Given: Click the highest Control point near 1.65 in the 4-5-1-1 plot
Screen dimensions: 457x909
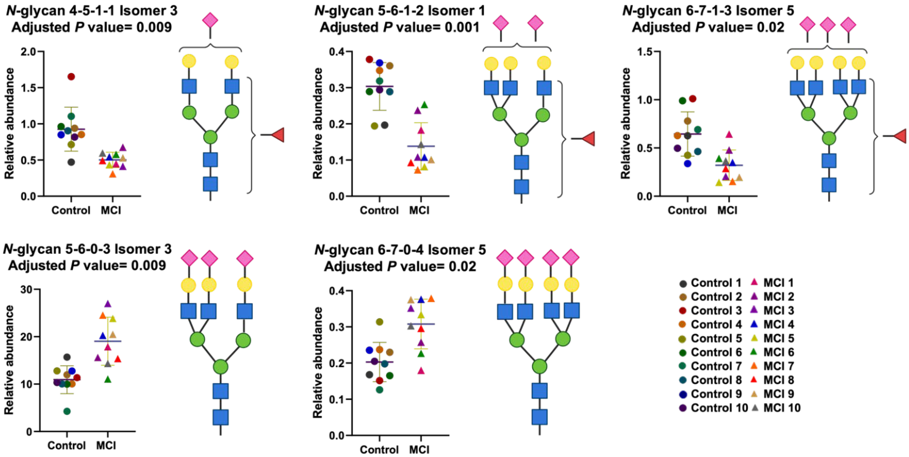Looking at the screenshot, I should [71, 77].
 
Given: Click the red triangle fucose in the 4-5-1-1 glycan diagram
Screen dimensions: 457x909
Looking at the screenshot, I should [278, 135].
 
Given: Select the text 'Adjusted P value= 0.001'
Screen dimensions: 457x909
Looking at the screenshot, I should [399, 27].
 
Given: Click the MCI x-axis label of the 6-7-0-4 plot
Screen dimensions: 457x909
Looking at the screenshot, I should [419, 450].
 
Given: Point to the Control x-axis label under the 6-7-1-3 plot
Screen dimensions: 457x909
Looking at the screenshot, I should [687, 210].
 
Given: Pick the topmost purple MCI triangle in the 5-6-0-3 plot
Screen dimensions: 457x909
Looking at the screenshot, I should [108, 304].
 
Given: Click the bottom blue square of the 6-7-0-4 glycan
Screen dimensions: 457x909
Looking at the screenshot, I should [539, 417].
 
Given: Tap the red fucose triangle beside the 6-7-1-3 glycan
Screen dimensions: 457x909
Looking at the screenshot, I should [900, 136].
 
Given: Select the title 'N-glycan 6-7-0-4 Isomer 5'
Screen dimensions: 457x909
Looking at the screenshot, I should [400, 250].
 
